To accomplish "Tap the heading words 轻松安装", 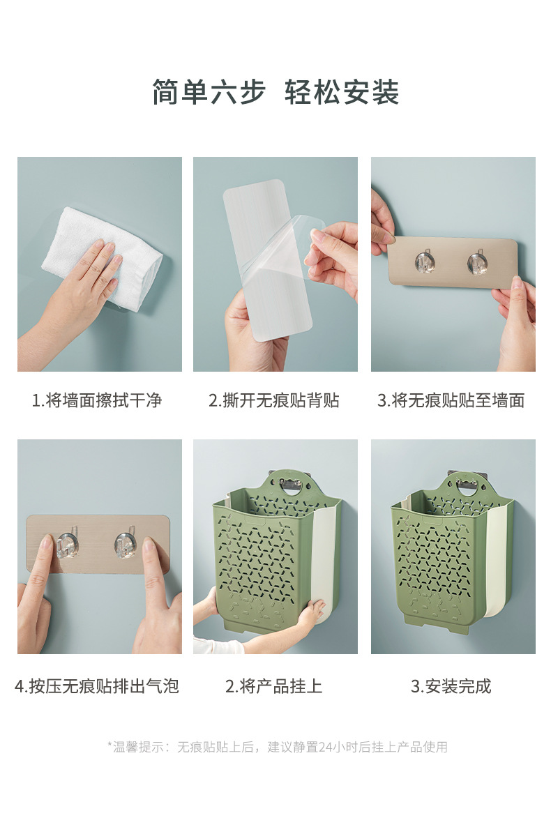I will point(342,93).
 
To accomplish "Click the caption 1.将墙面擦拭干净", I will point(97,400).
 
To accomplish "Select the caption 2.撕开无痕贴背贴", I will point(274,400).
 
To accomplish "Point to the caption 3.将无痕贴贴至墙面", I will point(451,400).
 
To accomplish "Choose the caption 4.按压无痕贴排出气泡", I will point(97,686).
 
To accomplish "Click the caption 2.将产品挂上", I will point(274,686).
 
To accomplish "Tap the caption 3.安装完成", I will point(451,686).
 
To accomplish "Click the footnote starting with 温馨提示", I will point(277,747).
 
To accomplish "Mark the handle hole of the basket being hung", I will point(291,485).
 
